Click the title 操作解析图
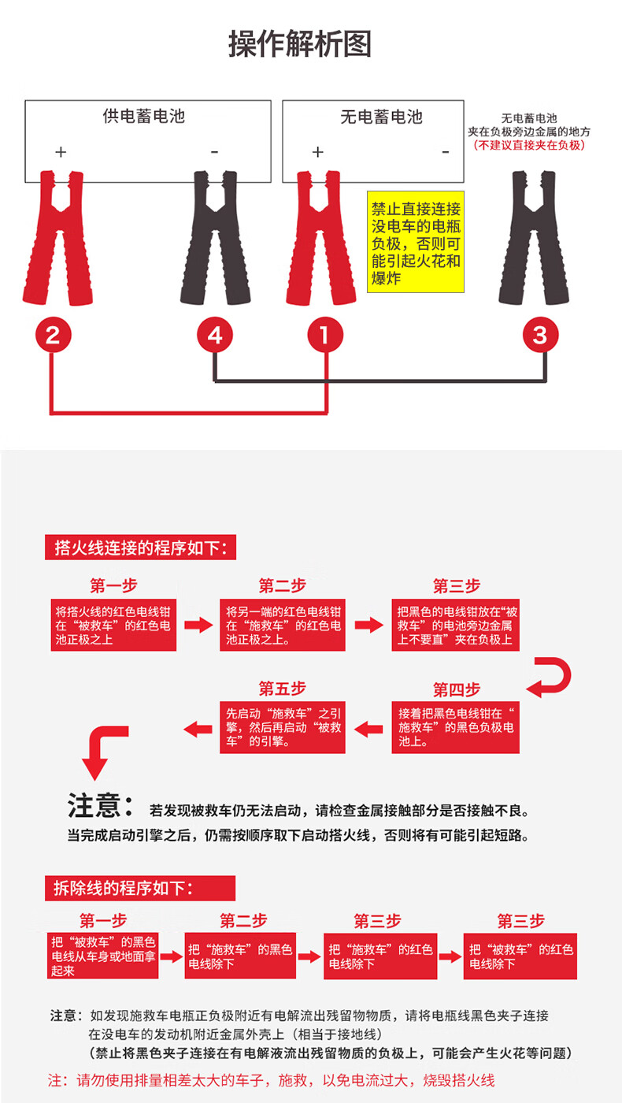click(300, 44)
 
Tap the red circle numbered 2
click(53, 336)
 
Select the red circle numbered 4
click(215, 336)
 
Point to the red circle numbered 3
click(539, 336)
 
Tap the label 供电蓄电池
click(143, 117)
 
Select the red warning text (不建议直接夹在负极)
click(529, 145)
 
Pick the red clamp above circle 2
click(57, 236)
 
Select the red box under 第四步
click(456, 726)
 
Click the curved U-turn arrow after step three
click(550, 677)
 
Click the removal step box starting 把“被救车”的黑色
click(102, 956)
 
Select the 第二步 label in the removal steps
click(243, 920)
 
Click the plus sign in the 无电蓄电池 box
click(318, 152)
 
